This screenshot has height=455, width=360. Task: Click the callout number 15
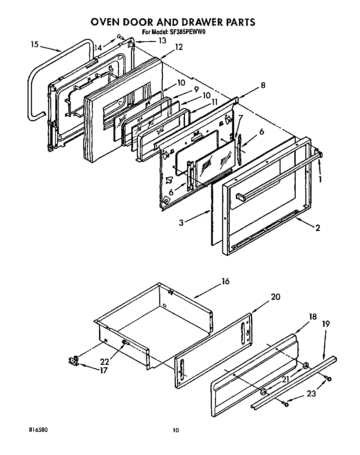point(34,44)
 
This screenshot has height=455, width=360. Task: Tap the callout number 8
point(263,85)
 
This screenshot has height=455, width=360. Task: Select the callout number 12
point(179,47)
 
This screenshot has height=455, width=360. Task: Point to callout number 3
point(181,222)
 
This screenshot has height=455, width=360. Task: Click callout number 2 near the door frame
point(317,227)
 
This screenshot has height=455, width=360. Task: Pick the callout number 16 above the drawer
point(225,282)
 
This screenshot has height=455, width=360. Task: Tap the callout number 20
point(276,297)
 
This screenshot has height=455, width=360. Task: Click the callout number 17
point(103,371)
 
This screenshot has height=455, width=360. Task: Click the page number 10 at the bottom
point(176,430)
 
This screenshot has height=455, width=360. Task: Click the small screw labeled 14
point(119,35)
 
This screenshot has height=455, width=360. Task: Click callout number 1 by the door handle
point(320,179)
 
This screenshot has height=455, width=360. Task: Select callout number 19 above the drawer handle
point(326,324)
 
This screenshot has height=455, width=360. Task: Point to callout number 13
point(162,40)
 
